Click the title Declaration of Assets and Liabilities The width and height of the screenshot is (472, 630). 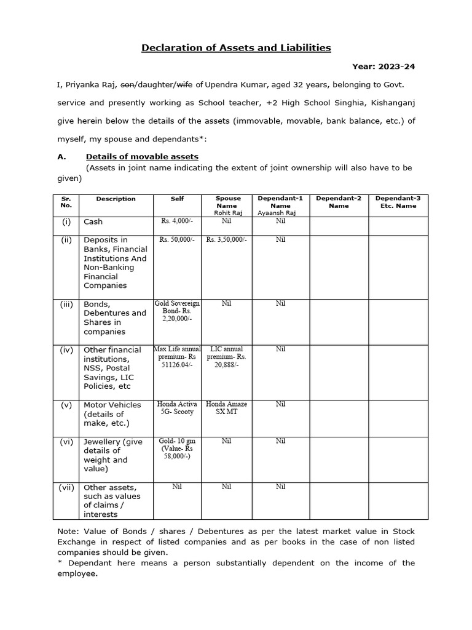237,47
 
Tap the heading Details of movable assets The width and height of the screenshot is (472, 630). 142,156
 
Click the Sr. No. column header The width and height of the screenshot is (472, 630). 66,202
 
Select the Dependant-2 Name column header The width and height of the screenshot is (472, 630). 339,202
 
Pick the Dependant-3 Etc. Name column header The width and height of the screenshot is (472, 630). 398,202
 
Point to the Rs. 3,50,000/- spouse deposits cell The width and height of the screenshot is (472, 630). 227,239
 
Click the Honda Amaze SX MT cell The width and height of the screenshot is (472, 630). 227,408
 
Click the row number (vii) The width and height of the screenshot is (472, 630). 66,487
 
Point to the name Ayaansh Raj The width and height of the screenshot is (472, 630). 280,212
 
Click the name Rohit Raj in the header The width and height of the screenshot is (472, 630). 228,212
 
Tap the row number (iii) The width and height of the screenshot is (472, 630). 66,304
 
